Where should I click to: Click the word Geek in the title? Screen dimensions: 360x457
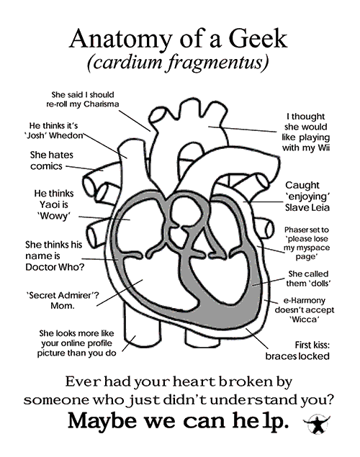point(258,38)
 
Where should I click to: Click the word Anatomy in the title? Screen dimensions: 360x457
point(120,40)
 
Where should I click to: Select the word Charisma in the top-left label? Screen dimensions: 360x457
point(101,104)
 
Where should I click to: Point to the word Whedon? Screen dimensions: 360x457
point(68,136)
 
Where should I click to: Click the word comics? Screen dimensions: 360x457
point(46,166)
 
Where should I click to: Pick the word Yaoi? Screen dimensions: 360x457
point(54,204)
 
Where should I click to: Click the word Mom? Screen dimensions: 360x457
point(63,305)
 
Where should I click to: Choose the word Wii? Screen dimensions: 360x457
point(323,148)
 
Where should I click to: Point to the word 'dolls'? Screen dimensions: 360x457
point(318,283)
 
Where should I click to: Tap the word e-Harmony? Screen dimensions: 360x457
point(305,300)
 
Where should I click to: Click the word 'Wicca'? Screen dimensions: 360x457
point(305,320)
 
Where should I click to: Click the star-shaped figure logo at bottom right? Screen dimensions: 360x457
point(316,424)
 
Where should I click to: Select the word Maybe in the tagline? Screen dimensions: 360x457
point(102,421)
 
